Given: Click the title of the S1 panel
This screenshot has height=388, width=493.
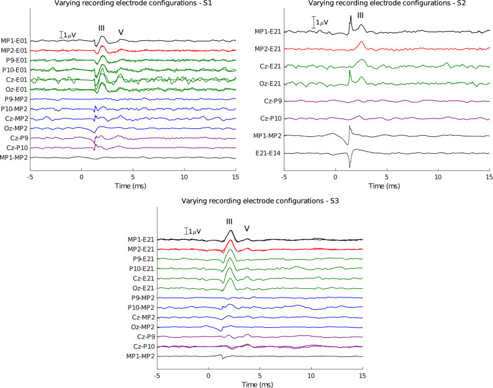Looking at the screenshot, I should click(x=133, y=6).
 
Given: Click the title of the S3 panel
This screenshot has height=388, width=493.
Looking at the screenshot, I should click(x=260, y=201).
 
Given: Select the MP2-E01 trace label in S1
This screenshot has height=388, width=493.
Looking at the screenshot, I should click(x=14, y=50).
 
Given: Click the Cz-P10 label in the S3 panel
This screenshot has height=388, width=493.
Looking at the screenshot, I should click(x=142, y=346).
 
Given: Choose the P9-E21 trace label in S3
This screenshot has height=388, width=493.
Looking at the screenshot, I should click(x=142, y=259).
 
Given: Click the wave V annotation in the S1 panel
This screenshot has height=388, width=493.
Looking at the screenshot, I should click(x=121, y=33).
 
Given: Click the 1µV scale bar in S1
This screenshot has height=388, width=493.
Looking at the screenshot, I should click(x=61, y=35).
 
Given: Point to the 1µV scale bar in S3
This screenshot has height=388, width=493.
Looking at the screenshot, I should click(x=187, y=231).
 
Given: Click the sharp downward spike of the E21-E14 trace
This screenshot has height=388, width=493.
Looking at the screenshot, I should click(x=350, y=166).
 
